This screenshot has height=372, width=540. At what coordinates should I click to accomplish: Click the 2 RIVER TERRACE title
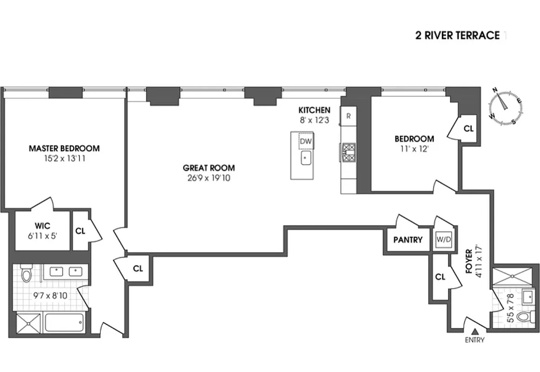tap(457, 36)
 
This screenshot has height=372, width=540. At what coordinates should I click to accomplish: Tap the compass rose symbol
tap(505, 106)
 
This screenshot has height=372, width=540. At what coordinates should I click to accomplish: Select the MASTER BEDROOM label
tap(64, 149)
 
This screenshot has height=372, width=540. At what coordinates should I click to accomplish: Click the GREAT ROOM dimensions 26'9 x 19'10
tap(208, 178)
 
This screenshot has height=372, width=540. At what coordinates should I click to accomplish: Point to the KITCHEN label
tap(314, 110)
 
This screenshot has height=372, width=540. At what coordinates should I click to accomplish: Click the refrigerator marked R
tap(348, 116)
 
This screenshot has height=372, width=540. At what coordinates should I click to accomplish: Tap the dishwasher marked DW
tap(305, 141)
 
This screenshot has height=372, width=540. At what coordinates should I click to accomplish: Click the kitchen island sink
tap(305, 158)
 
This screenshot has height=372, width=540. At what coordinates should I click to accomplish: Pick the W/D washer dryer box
tap(443, 239)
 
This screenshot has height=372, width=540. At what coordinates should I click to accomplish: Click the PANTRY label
tap(408, 240)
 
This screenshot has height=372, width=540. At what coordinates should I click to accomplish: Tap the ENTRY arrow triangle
tap(475, 332)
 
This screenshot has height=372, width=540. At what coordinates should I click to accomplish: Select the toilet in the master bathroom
tap(26, 274)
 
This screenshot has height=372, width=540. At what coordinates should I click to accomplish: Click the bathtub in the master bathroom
tap(64, 321)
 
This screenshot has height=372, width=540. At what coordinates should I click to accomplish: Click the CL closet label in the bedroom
tap(468, 129)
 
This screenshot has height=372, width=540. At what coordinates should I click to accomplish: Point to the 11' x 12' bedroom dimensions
tap(414, 149)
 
